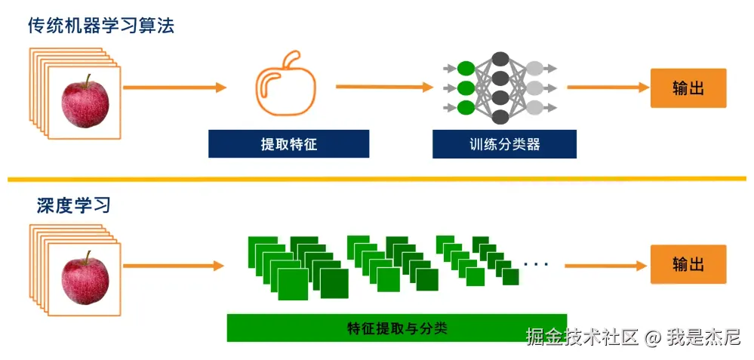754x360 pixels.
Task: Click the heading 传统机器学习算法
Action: (x=101, y=26)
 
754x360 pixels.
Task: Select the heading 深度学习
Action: (x=73, y=205)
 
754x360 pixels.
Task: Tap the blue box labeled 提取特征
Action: (x=288, y=144)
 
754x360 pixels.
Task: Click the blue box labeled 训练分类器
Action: (x=504, y=144)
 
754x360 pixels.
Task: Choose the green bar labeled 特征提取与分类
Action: (x=397, y=328)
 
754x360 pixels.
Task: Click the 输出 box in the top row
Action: (x=688, y=88)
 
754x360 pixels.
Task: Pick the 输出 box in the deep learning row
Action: (x=688, y=264)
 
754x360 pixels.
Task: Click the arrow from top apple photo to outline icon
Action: (x=174, y=88)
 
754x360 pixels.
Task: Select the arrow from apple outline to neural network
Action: (x=385, y=87)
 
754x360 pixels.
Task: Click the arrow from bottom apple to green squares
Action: (x=174, y=266)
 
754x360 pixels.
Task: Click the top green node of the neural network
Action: (x=466, y=69)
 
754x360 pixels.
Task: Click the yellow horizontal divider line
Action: (x=377, y=179)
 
